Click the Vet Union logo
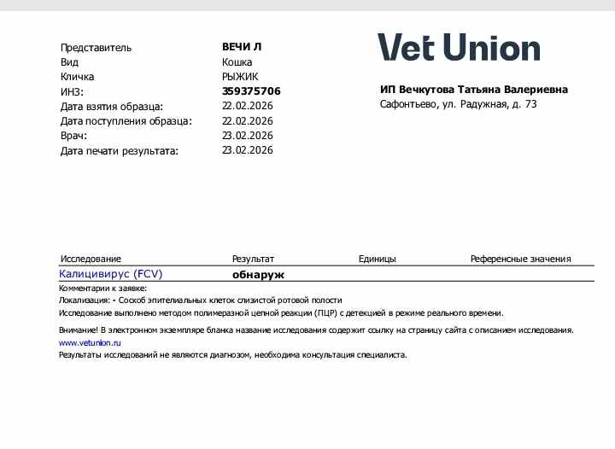pyautogui.click(x=459, y=48)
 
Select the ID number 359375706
pyautogui.click(x=251, y=91)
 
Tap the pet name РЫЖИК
pyautogui.click(x=241, y=76)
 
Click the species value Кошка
pyautogui.click(x=237, y=61)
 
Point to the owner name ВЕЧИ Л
pyautogui.click(x=242, y=47)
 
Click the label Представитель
pyautogui.click(x=96, y=48)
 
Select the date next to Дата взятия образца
pyautogui.click(x=248, y=106)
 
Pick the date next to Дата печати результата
pyautogui.click(x=248, y=150)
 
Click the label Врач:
pyautogui.click(x=73, y=136)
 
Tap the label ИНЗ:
pyautogui.click(x=72, y=91)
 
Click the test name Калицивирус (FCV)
pyautogui.click(x=110, y=274)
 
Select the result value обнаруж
pyautogui.click(x=258, y=275)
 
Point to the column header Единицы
pyautogui.click(x=377, y=259)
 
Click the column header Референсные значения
pyautogui.click(x=520, y=259)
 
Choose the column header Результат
pyautogui.click(x=253, y=259)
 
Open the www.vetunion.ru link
pyautogui.click(x=90, y=342)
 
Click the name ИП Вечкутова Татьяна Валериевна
pyautogui.click(x=473, y=90)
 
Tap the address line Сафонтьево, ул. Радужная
pyautogui.click(x=458, y=104)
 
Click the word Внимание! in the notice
pyautogui.click(x=78, y=329)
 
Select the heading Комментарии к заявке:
pyautogui.click(x=102, y=289)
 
